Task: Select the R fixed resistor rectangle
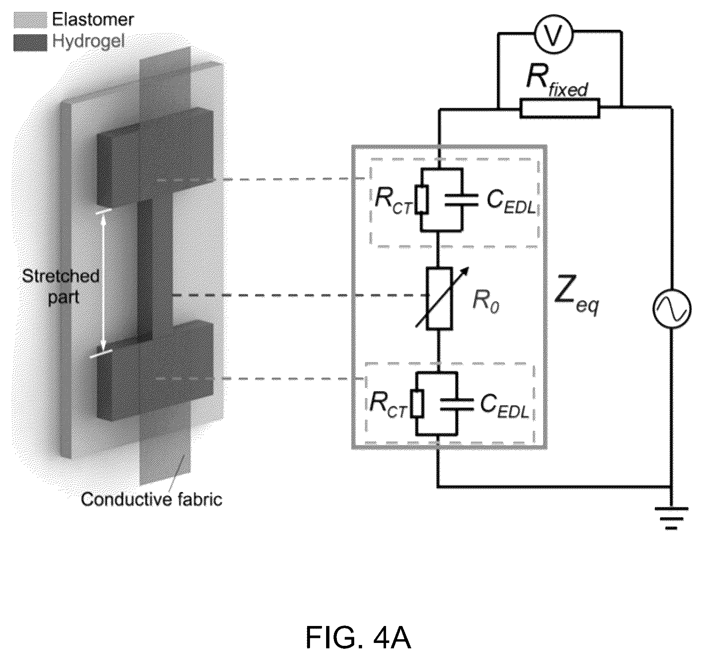click(x=560, y=109)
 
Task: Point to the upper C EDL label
click(x=511, y=202)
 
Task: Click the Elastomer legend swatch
click(x=30, y=19)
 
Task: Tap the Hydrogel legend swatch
click(x=30, y=43)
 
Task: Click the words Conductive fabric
click(x=152, y=499)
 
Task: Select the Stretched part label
click(x=61, y=286)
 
